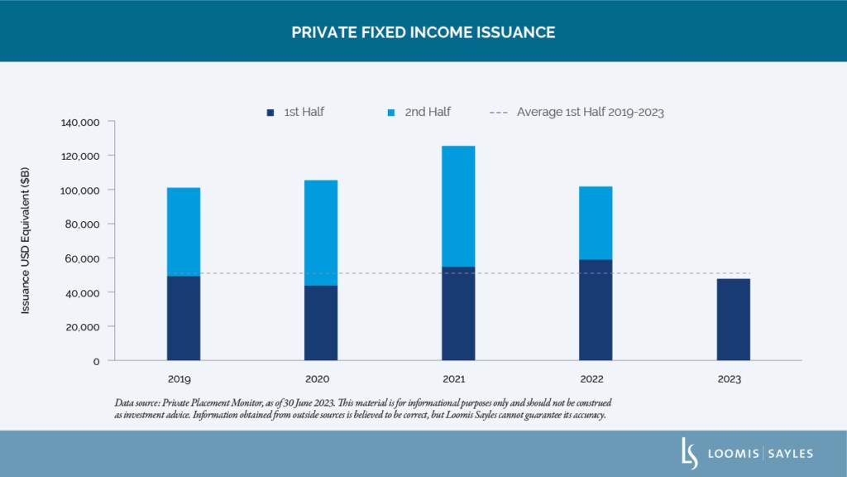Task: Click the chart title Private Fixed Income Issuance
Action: [423, 32]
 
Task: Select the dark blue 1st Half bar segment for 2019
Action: [183, 318]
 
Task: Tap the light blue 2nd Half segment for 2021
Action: [458, 206]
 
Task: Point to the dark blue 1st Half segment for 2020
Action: [320, 323]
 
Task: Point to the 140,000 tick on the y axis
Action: [80, 123]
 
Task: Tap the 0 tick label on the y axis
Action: [96, 361]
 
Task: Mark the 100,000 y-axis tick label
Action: [80, 190]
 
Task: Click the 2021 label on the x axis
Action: [454, 380]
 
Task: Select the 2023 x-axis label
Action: [730, 380]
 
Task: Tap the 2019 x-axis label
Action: [179, 380]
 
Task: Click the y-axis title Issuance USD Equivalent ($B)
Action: [26, 241]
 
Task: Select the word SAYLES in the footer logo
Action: [787, 454]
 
